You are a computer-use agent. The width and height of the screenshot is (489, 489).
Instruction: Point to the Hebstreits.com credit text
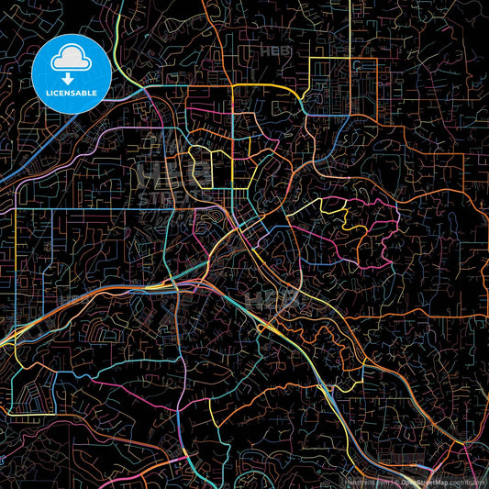point(366,480)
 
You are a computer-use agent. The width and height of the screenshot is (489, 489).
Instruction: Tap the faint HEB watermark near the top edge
point(275,51)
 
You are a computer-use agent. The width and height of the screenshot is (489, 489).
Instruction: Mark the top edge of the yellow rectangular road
point(344,59)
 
